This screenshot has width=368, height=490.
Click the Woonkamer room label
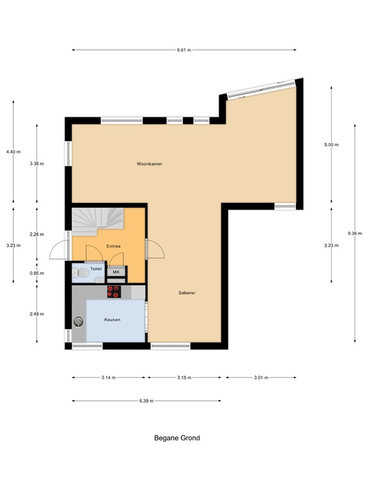click(x=149, y=164)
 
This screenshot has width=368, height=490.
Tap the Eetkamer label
click(x=187, y=293)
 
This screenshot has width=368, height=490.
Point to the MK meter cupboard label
click(x=116, y=272)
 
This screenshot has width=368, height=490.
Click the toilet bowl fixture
click(x=80, y=273)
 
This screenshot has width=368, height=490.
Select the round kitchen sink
click(x=79, y=322)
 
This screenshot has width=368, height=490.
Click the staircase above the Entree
click(x=96, y=222)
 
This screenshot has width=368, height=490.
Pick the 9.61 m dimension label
click(x=183, y=49)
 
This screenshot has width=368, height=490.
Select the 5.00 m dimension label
click(x=331, y=145)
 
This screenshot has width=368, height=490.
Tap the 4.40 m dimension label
click(x=13, y=152)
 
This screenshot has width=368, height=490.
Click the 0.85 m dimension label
click(x=36, y=273)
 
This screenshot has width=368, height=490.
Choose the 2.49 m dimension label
click(x=36, y=313)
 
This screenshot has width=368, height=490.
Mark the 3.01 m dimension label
click(x=260, y=378)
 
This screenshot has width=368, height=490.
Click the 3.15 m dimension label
click(x=185, y=378)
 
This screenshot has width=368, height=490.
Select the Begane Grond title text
click(x=177, y=438)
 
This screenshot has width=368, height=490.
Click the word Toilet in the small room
click(x=96, y=269)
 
